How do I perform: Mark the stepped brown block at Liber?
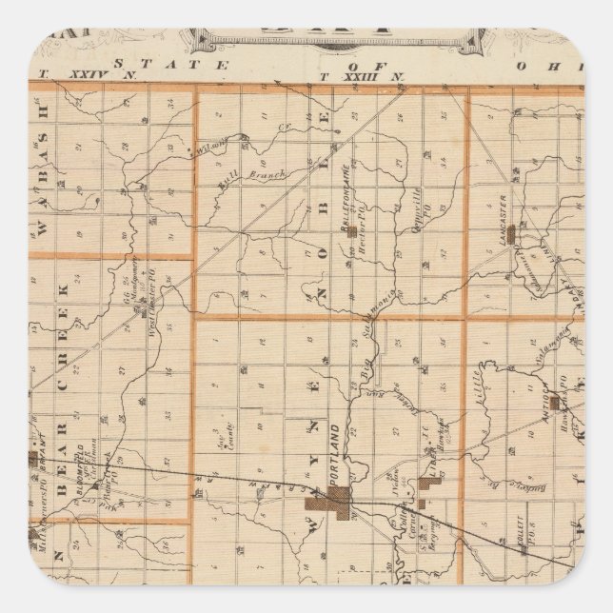(x=428, y=485)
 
